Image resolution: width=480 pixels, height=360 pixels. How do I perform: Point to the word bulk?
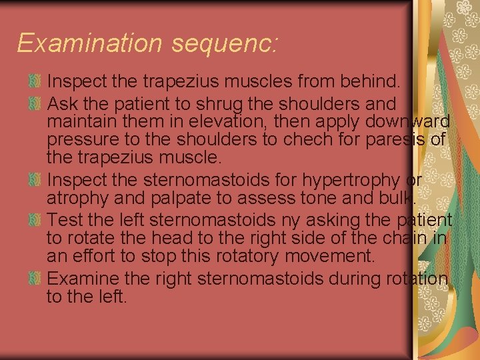coord(399,199)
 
